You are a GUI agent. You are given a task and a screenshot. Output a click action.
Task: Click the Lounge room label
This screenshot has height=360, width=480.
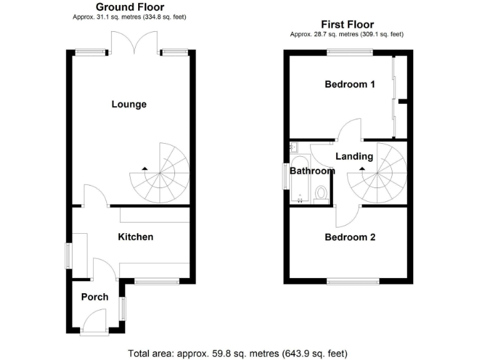click(x=129, y=104)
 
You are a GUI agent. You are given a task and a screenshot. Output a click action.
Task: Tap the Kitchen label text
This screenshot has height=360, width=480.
click(x=136, y=237)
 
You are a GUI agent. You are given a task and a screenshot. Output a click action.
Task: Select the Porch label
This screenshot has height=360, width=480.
click(x=94, y=297)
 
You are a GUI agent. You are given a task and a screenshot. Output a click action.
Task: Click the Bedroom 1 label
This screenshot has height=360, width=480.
click(x=349, y=84)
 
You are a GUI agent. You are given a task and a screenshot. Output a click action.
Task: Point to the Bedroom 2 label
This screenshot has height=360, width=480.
click(x=349, y=237)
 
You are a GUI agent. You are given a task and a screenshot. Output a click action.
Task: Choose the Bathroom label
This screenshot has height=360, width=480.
click(x=312, y=171)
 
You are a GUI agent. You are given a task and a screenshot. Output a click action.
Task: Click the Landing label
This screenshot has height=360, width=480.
click(x=354, y=156)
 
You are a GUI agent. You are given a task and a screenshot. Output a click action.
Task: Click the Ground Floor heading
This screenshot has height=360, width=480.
click(x=130, y=7)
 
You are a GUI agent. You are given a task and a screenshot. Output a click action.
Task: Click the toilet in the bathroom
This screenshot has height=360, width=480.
click(x=321, y=192)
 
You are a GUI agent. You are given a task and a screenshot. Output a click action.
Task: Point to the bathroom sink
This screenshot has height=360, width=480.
click(x=293, y=147)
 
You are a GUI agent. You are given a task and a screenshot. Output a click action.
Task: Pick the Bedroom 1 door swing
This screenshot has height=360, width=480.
click(x=351, y=130)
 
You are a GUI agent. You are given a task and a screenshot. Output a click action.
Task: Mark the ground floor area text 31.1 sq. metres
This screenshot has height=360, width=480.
click(x=129, y=17)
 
